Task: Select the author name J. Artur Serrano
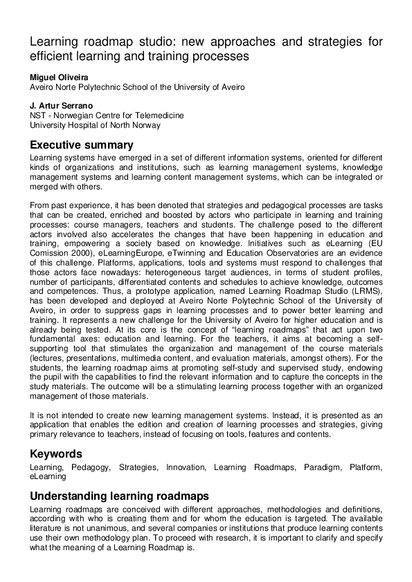pos(60,105)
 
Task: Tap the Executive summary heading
pos(81,145)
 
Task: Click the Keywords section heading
pos(56,454)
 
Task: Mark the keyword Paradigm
pos(320,468)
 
